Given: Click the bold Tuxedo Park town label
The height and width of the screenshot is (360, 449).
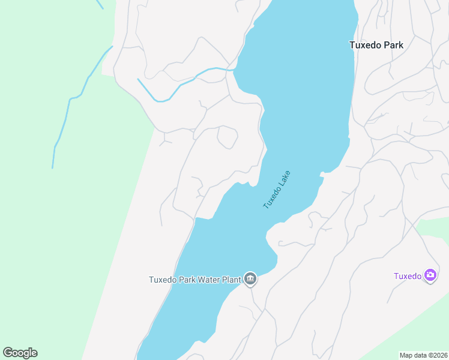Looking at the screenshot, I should click(376, 45).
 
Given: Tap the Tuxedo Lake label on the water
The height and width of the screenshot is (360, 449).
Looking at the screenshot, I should click(277, 190).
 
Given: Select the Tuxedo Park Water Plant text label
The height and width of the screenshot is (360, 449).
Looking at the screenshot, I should click(194, 280).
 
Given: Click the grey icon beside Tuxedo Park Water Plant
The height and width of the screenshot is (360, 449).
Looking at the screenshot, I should click(250, 279).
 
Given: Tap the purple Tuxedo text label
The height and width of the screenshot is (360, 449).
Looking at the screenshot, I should click(408, 276).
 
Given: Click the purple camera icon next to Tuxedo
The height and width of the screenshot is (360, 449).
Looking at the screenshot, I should click(430, 275).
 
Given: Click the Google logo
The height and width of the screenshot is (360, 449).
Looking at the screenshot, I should click(20, 353).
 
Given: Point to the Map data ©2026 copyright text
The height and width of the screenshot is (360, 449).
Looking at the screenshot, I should click(424, 355).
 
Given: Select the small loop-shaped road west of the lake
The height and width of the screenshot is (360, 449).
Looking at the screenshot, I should click(227, 137).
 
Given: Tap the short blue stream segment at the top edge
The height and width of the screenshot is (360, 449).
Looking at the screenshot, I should click(100, 4).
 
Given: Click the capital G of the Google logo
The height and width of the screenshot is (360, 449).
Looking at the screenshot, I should click(8, 353).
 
